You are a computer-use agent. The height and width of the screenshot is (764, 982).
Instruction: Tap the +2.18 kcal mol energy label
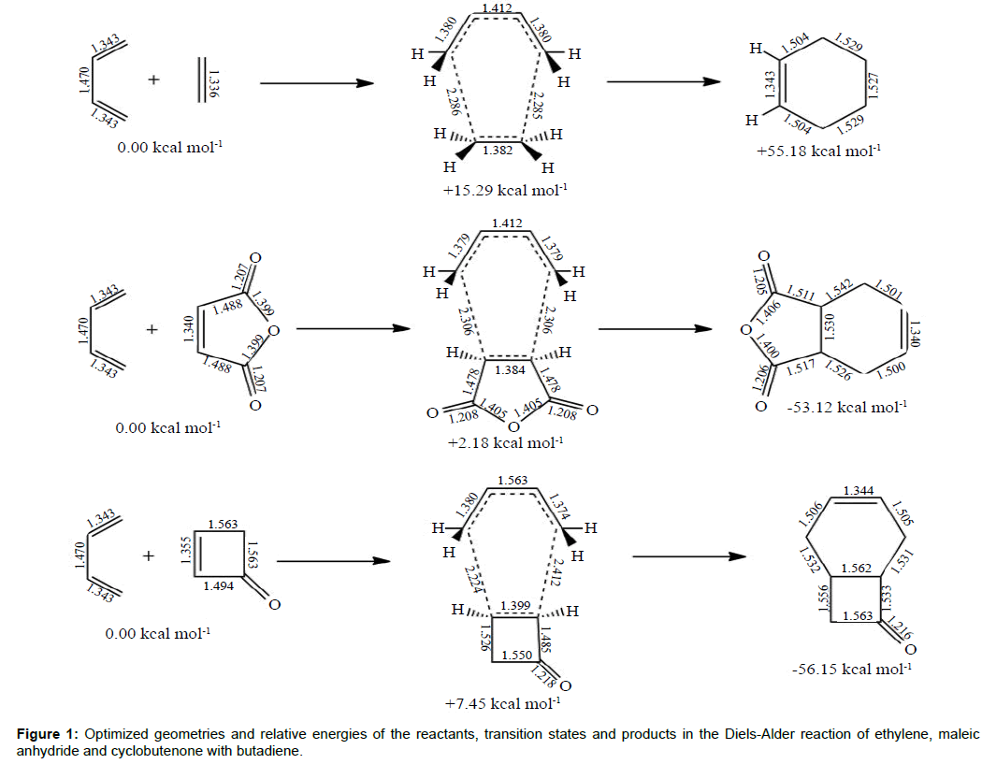[505, 442]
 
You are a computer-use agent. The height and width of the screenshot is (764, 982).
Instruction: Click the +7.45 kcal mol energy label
[503, 702]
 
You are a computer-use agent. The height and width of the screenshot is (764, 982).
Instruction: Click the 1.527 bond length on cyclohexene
[874, 89]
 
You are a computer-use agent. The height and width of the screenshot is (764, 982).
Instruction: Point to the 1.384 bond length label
[508, 371]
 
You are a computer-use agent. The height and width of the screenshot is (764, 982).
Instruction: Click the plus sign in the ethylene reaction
[153, 81]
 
